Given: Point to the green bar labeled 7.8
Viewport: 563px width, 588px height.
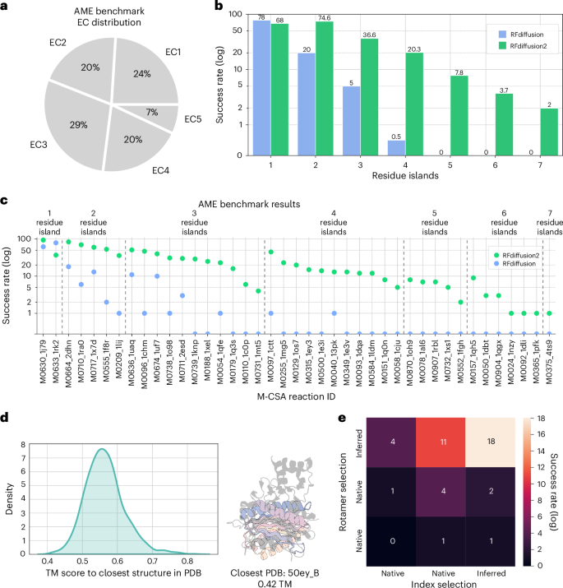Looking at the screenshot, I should [459, 115].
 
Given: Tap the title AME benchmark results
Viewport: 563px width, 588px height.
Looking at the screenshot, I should [276, 202].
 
